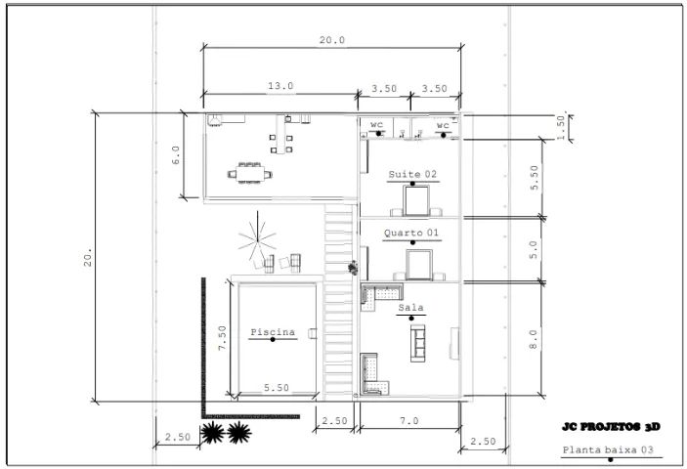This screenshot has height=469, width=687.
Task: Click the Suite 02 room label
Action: [411, 174]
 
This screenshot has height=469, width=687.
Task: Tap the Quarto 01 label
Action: [411, 234]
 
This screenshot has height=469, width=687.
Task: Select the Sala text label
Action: [410, 308]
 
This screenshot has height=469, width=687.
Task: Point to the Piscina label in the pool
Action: [273, 332]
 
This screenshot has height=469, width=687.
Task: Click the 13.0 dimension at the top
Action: [280, 87]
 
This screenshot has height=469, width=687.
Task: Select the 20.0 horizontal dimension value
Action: [332, 40]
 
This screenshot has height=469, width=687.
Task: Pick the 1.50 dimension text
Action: [561, 126]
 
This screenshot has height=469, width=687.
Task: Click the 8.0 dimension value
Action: [534, 341]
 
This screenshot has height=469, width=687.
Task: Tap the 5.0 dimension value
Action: [534, 249]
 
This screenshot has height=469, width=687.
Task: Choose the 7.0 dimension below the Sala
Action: [408, 420]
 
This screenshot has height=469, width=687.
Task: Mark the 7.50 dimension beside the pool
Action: [223, 338]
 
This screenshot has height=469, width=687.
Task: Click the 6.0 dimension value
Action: [176, 156]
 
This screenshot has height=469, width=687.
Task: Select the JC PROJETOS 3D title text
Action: [612, 427]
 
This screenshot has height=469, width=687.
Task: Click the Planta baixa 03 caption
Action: [606, 450]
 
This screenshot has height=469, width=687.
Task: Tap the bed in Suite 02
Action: [415, 200]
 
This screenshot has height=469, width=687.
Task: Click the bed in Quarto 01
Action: [419, 264]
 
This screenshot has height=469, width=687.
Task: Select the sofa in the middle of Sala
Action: [420, 342]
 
